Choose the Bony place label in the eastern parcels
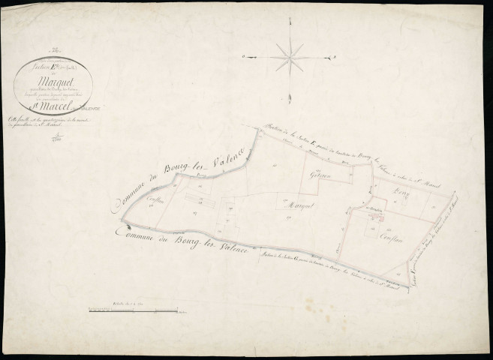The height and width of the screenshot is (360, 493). (398, 193)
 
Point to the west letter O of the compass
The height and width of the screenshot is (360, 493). (246, 56)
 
